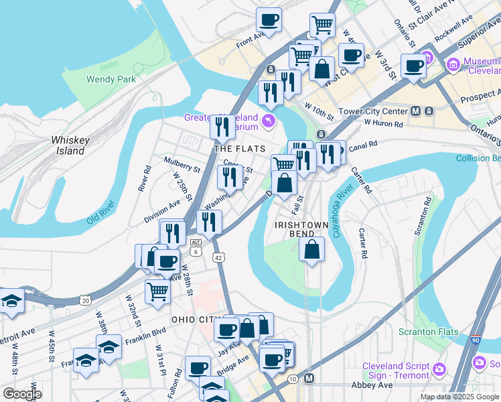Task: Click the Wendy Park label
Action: point(111,79)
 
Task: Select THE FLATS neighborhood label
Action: point(239,149)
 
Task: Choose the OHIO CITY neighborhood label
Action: point(196,320)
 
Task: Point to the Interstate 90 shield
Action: point(476,342)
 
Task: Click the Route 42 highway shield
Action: point(218,257)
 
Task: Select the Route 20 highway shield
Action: point(85,301)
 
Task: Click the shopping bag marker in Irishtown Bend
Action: point(312,249)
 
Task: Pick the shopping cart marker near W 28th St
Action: point(157,291)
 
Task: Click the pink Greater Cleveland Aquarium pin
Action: point(269,119)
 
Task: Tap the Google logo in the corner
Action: point(21,394)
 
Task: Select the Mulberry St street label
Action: point(182,165)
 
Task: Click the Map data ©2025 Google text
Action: point(459,397)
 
